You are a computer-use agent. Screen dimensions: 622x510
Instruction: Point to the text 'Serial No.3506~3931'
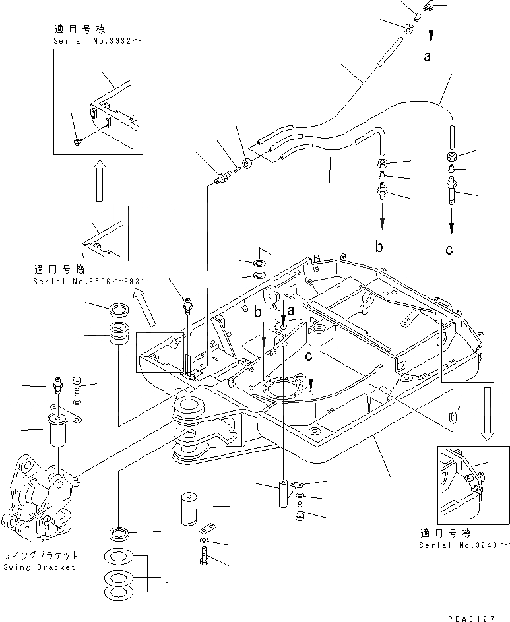pos(88,281)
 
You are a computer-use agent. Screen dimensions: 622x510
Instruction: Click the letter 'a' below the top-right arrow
pos(428,57)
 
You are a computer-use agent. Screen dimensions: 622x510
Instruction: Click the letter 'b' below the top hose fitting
pos(379,247)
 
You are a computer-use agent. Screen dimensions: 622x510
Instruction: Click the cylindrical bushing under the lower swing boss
pos(187,509)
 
